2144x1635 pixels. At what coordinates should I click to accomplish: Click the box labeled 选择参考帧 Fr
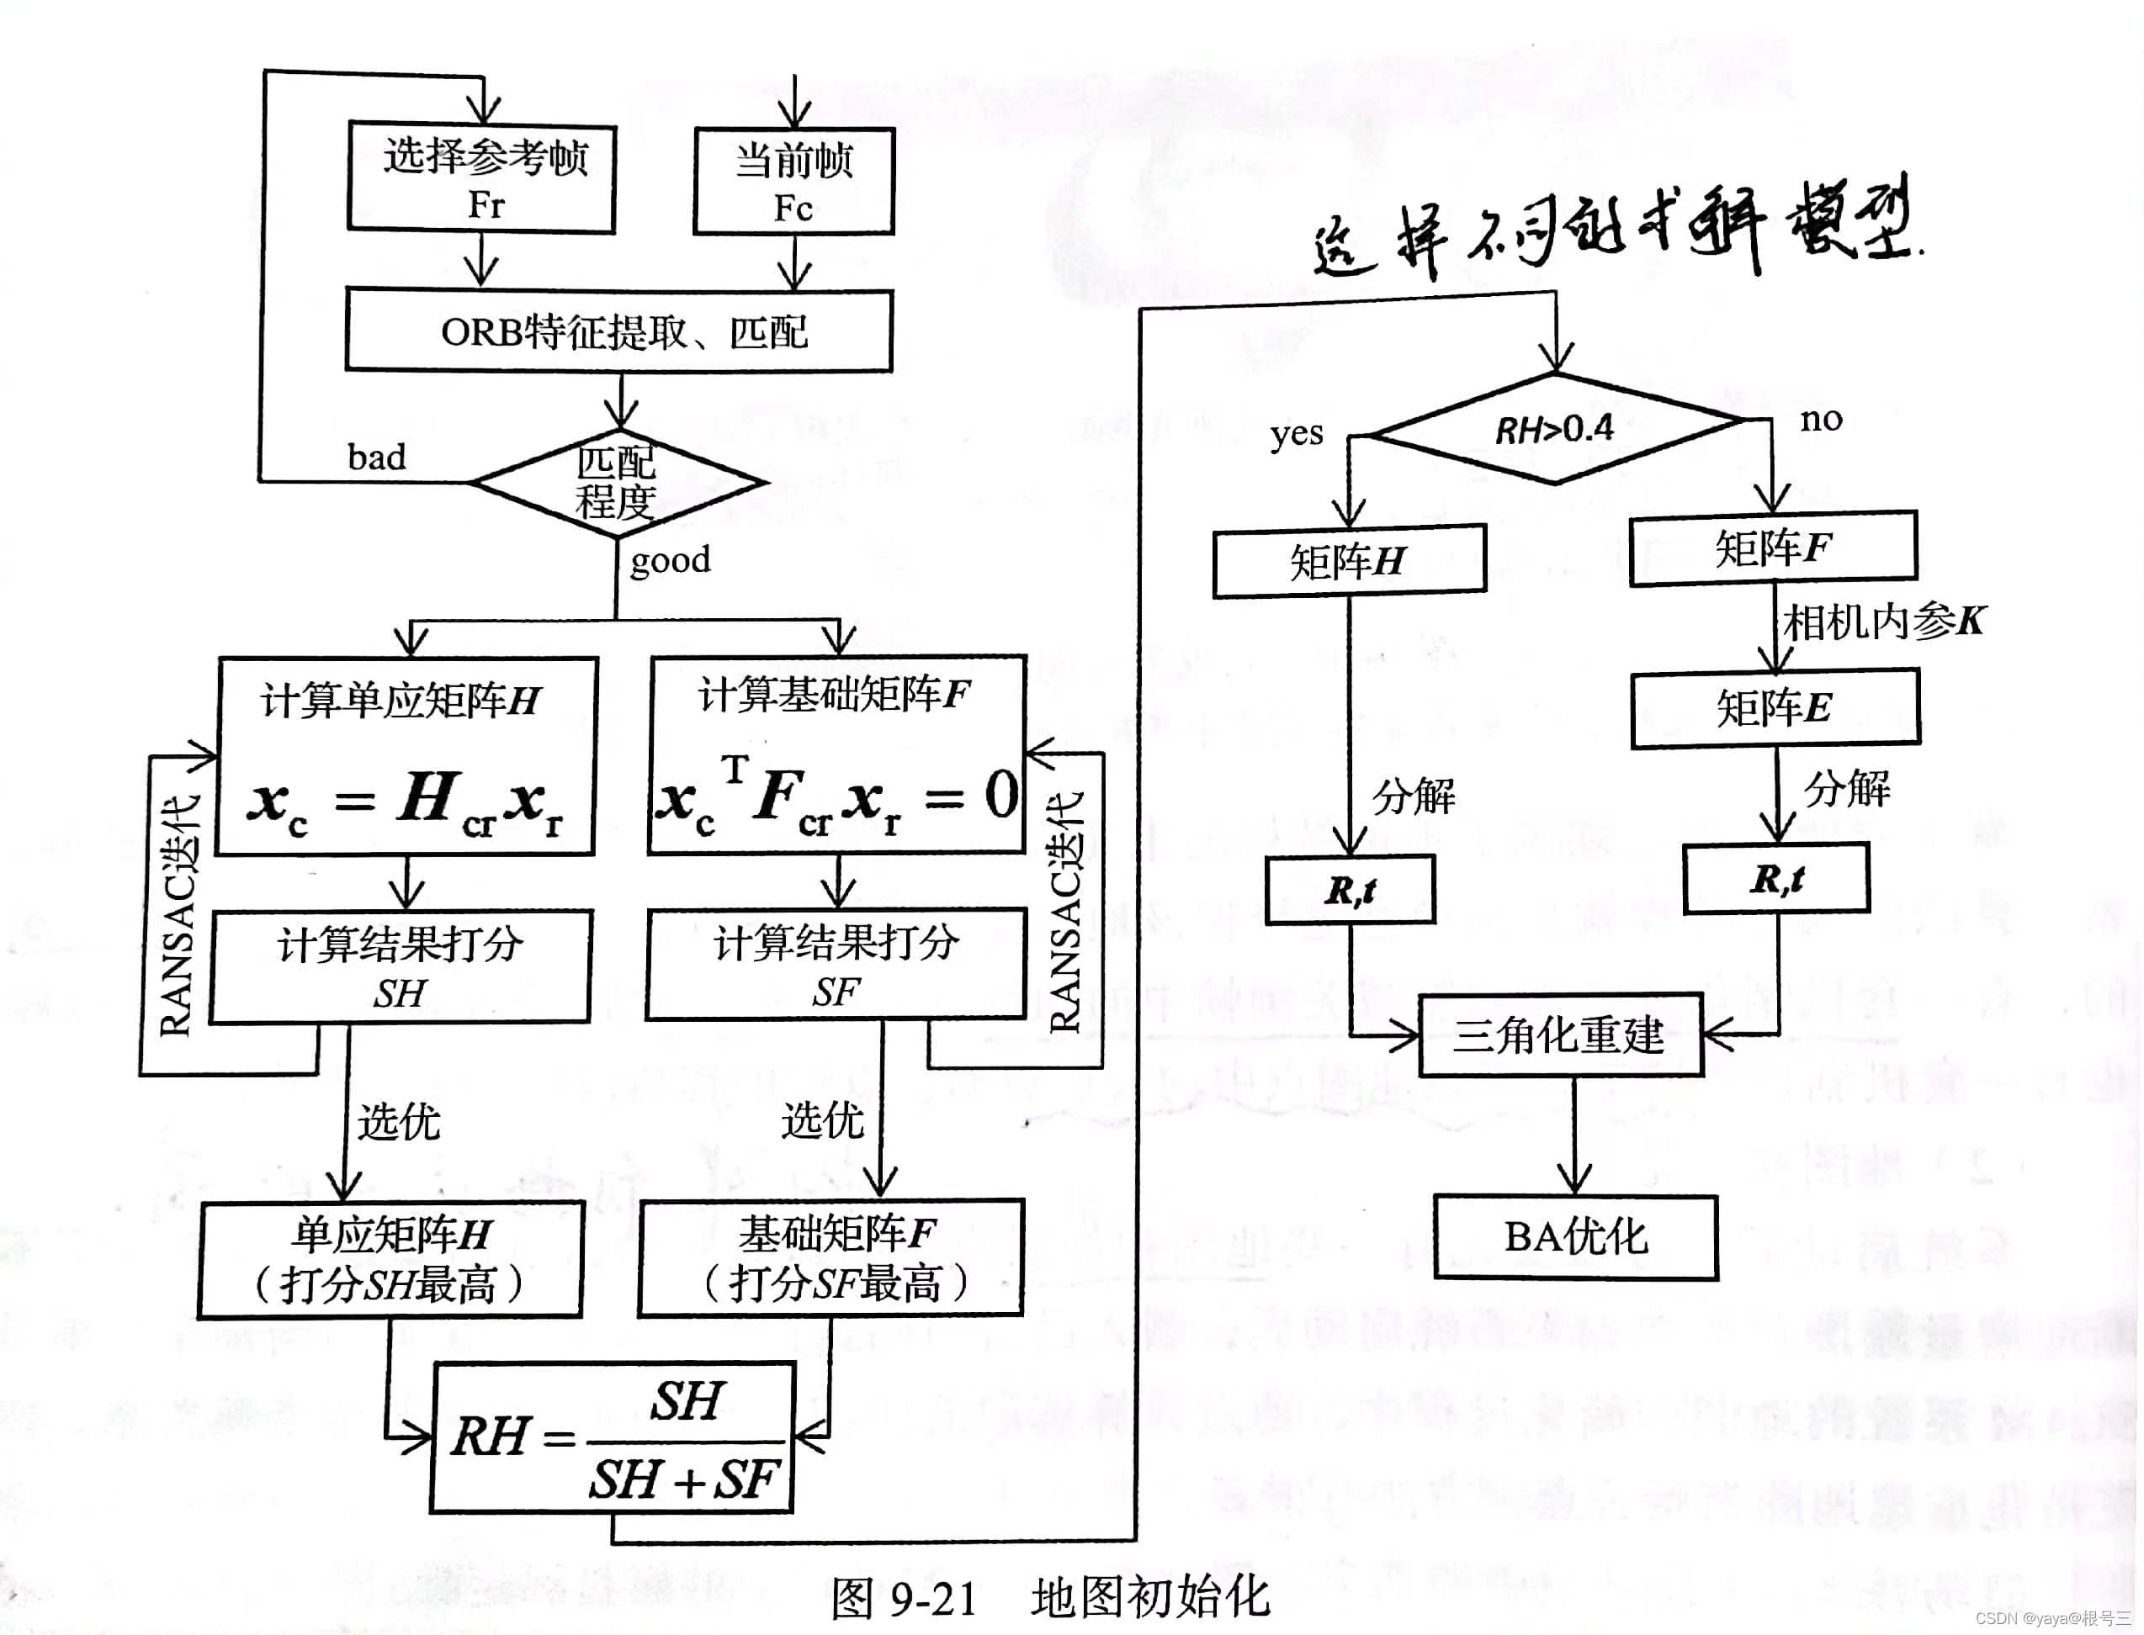[482, 178]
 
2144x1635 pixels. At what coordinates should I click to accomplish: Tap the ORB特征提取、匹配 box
[619, 331]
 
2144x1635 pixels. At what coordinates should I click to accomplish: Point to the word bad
[377, 458]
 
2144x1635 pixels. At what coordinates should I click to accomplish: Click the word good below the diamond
[670, 561]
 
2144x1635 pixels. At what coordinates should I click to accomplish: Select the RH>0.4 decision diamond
[1555, 428]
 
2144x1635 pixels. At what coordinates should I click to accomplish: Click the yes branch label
[1296, 434]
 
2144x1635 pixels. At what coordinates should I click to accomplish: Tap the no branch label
[1821, 420]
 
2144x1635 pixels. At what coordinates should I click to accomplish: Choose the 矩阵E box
[1775, 707]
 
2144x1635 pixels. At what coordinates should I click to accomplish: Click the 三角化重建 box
[1560, 1034]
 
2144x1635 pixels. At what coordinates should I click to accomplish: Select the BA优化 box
[1575, 1237]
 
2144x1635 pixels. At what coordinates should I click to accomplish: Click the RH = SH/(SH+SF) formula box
[613, 1438]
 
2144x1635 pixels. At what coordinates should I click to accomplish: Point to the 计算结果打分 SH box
[401, 966]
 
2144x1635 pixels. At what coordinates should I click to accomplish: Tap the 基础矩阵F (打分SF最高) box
[831, 1258]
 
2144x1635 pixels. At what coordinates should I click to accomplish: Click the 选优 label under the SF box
[823, 1120]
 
